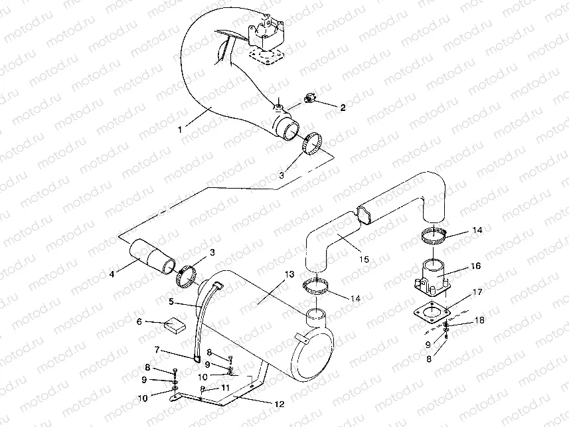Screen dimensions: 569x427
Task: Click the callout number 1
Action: tap(180, 129)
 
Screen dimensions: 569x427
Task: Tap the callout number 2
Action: tap(343, 108)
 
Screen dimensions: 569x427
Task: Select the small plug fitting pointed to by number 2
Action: tap(310, 98)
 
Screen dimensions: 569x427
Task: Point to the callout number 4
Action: tap(112, 274)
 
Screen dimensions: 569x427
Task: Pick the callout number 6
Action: tap(139, 321)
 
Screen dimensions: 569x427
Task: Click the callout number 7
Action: tap(157, 350)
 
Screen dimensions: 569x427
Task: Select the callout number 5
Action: tap(171, 301)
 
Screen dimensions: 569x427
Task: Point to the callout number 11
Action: tap(225, 388)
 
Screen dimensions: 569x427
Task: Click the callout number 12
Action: tap(280, 404)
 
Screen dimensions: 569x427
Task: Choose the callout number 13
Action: tap(289, 274)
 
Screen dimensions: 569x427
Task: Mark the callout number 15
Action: tap(364, 259)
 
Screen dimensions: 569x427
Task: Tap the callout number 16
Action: tap(475, 266)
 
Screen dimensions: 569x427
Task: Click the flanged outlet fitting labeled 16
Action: tap(432, 277)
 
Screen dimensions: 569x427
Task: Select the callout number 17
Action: tap(477, 292)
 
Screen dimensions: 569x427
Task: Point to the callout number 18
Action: tap(479, 320)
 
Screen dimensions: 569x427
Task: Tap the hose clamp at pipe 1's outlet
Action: tap(312, 144)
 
